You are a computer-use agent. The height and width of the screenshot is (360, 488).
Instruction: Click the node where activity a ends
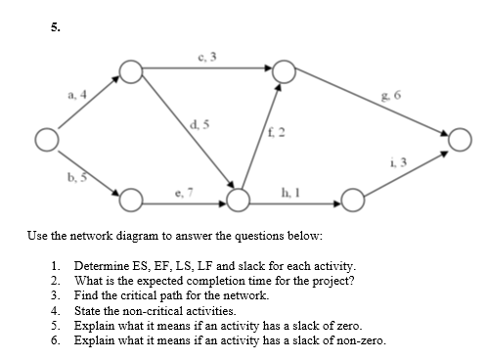[130, 69]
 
